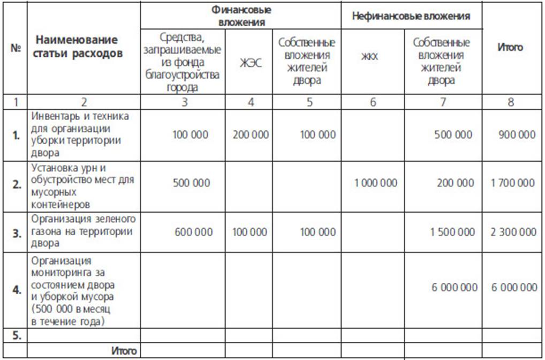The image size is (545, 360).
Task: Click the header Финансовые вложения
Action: (x=241, y=16)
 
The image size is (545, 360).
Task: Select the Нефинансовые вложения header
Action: (x=411, y=16)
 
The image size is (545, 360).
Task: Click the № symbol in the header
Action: (x=15, y=47)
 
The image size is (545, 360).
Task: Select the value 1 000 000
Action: (x=376, y=183)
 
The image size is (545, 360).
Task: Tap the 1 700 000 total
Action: (x=513, y=183)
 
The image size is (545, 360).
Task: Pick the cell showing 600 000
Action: (x=193, y=232)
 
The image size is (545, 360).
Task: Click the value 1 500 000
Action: (x=452, y=232)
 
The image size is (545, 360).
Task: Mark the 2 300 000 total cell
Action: (x=513, y=232)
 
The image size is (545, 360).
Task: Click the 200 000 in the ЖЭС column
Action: (x=251, y=134)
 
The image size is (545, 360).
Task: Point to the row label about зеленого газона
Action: (x=83, y=231)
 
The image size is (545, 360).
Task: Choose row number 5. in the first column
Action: (x=17, y=335)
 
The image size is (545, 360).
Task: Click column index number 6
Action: (x=373, y=102)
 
